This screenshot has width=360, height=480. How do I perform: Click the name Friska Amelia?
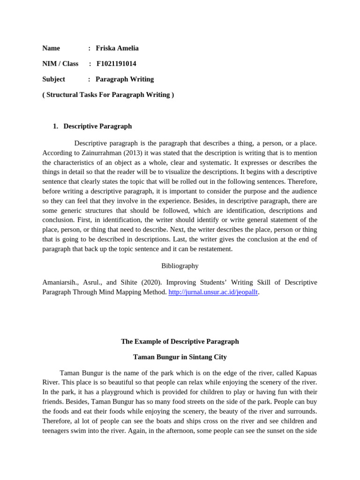tap(117, 48)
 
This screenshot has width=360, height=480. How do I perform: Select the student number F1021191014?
tap(116, 64)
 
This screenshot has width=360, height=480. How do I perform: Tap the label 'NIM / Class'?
tap(60, 64)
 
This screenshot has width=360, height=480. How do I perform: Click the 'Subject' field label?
tap(53, 79)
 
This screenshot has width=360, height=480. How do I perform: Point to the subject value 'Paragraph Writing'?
tap(125, 79)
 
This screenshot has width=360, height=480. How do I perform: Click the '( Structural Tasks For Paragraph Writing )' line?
tap(108, 95)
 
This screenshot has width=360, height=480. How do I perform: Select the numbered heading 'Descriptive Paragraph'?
tap(97, 126)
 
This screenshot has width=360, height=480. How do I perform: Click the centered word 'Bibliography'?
tap(180, 266)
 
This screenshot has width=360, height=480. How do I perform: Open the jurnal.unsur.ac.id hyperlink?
tap(213, 292)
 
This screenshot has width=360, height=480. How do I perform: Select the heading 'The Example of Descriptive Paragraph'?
tap(180, 341)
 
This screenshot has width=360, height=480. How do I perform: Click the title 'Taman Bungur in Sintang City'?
tap(180, 357)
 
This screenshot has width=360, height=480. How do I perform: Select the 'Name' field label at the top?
tap(51, 48)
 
